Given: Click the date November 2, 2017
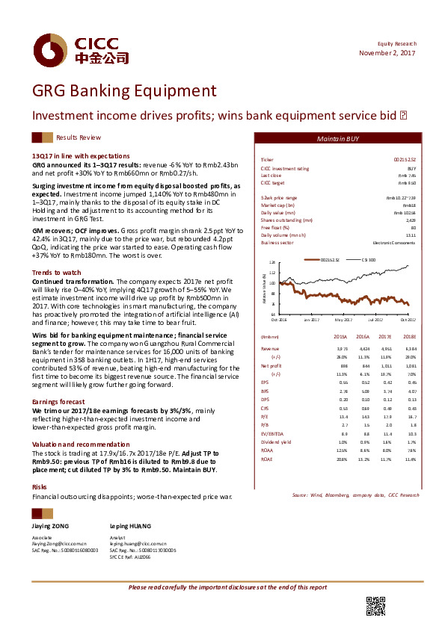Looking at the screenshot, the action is coord(387,54).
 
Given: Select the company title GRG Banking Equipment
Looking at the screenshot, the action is coord(123,92).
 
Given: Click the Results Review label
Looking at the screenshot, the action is coord(79,138).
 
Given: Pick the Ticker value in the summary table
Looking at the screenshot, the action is coord(404,161).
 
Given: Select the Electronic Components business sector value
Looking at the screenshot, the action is coord(394,243).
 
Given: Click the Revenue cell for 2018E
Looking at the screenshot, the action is coord(408,348).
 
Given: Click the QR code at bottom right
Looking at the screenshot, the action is coord(375,606).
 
